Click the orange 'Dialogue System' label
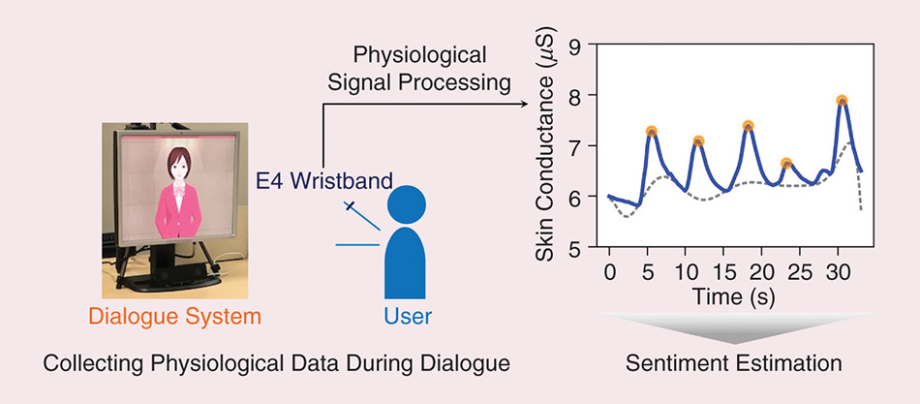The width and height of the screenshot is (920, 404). coord(174,316)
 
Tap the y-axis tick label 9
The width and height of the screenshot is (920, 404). coord(575,45)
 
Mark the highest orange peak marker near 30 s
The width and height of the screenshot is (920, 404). coord(843,101)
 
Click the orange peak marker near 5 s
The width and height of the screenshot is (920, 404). coord(652,131)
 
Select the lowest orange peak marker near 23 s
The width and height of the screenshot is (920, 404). coord(786,164)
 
